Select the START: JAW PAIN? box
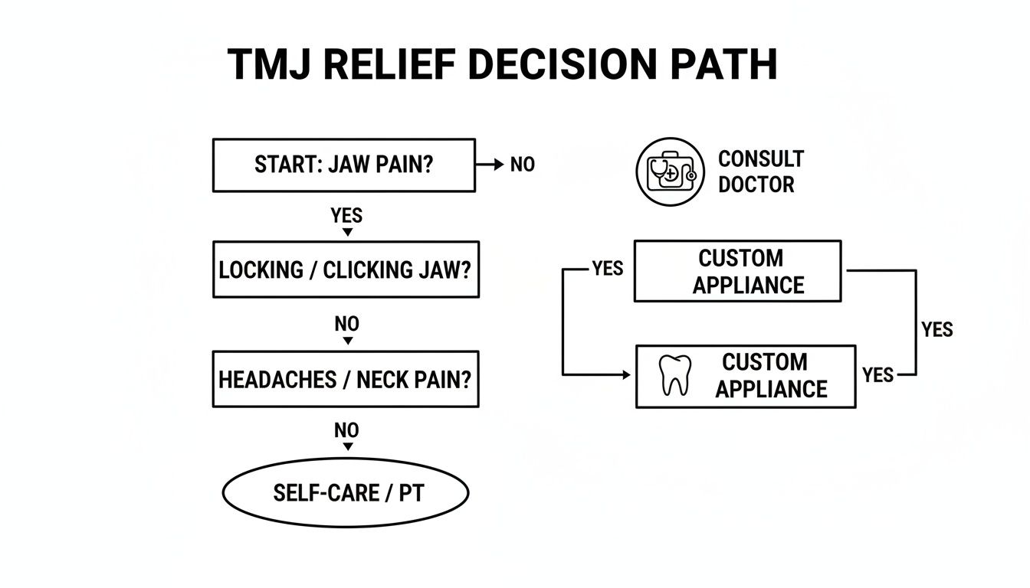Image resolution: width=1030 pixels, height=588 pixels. [343, 165]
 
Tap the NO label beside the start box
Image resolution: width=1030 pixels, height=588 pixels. [522, 165]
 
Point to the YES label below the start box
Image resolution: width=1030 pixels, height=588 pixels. [346, 215]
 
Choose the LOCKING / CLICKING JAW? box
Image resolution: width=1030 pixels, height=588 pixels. [345, 270]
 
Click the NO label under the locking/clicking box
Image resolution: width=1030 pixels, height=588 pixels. [346, 324]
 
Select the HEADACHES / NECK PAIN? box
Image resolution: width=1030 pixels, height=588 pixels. [345, 379]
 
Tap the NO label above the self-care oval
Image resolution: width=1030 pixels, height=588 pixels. [346, 431]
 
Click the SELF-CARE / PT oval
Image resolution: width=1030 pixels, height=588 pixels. [345, 493]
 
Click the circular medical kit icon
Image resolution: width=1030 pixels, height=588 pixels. [670, 171]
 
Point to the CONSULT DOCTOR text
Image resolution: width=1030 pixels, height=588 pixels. [760, 171]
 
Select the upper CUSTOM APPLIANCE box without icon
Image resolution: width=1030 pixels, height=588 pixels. [737, 271]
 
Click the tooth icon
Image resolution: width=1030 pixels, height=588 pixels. [675, 375]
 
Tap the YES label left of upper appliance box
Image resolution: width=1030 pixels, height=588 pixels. [608, 269]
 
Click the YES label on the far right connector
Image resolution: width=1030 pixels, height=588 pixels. [937, 329]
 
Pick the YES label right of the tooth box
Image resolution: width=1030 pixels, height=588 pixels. [877, 374]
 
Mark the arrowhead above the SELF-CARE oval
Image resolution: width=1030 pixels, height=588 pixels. [346, 446]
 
